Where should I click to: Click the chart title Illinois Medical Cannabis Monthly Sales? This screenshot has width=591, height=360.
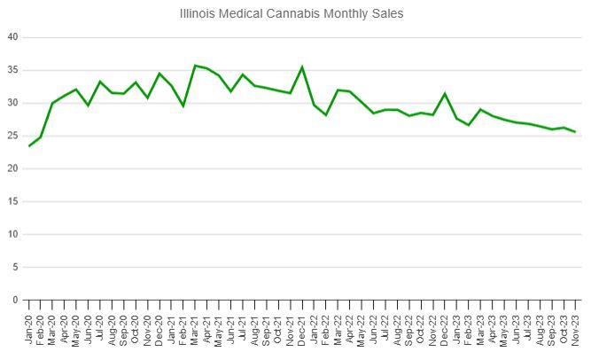pyautogui.click(x=295, y=14)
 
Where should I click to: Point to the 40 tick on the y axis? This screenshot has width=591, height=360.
pyautogui.click(x=12, y=37)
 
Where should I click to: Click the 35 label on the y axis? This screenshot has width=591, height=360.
pyautogui.click(x=12, y=70)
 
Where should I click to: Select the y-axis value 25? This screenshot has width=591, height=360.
pyautogui.click(x=12, y=136)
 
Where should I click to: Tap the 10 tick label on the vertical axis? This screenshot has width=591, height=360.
pyautogui.click(x=12, y=234)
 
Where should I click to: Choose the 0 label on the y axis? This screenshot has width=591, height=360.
pyautogui.click(x=15, y=300)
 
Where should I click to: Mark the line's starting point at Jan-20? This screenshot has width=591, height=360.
pyautogui.click(x=28, y=146)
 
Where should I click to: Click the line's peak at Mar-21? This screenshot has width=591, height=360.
pyautogui.click(x=195, y=66)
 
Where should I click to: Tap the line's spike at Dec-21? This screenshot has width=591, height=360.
pyautogui.click(x=302, y=67)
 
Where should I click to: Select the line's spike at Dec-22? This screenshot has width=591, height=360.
pyautogui.click(x=445, y=93)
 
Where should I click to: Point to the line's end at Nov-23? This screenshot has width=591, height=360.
pyautogui.click(x=575, y=132)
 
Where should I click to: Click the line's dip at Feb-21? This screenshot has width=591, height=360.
pyautogui.click(x=183, y=106)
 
